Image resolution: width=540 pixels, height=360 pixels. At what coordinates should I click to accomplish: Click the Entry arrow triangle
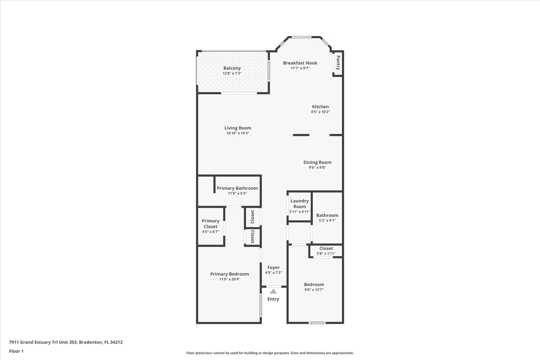(273, 291)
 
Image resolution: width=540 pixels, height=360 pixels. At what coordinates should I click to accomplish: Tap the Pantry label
(338, 63)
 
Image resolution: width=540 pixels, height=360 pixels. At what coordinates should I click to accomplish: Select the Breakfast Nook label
(300, 63)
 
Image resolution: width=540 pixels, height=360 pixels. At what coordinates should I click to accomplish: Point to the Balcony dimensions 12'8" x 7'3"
(232, 73)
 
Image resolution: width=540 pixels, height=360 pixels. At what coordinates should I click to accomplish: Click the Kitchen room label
(320, 106)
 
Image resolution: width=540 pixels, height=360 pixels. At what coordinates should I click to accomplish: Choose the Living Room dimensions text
(238, 133)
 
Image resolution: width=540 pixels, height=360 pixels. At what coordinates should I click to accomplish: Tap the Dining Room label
(317, 162)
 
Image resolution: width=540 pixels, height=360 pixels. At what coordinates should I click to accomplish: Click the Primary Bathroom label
(237, 188)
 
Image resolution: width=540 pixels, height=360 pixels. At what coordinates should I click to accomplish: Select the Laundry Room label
(299, 204)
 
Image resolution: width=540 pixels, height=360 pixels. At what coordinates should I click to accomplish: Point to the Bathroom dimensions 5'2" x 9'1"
(327, 220)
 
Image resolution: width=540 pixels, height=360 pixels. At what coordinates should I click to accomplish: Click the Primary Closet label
(211, 224)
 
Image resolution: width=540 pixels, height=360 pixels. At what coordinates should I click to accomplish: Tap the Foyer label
(273, 267)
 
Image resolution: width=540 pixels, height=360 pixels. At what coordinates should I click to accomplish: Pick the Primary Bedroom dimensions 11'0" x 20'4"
(229, 279)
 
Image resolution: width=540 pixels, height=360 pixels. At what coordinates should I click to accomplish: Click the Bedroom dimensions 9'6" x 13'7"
(314, 290)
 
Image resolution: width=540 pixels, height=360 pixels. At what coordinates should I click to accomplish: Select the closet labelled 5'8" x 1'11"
(326, 251)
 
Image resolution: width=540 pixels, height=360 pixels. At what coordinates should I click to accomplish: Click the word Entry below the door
(273, 299)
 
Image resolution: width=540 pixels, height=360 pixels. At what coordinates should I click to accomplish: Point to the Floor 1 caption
(16, 351)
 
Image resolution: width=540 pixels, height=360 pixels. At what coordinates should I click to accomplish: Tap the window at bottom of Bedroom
(317, 323)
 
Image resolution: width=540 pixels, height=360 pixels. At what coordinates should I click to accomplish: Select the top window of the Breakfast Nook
(301, 37)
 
